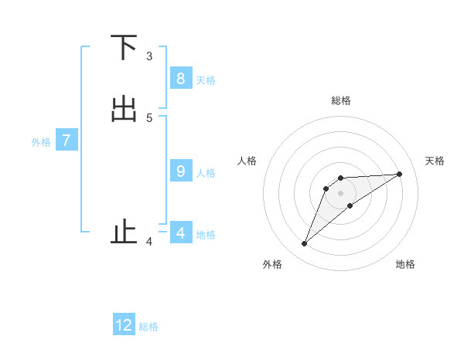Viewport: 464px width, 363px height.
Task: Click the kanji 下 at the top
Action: coord(124,48)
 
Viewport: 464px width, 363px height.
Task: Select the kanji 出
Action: coord(124,110)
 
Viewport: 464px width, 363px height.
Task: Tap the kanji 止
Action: coord(124,232)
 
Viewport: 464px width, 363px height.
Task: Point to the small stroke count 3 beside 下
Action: coord(149,56)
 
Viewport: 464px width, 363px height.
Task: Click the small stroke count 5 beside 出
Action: coord(149,117)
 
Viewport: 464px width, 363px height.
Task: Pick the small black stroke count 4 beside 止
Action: coord(149,242)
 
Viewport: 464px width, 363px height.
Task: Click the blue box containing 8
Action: coord(180,78)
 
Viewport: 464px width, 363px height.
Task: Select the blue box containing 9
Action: coord(180,171)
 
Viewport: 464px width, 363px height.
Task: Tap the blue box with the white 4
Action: coord(180,232)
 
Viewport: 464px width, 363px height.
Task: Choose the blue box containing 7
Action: coord(67,141)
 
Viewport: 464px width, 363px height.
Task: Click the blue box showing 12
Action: coord(124,325)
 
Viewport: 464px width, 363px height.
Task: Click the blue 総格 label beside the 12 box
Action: coord(148,327)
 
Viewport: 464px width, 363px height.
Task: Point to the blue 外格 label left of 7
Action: coord(41,142)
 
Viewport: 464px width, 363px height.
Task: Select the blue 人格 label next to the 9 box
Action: coord(206,173)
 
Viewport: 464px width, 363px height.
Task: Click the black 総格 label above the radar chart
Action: coord(340,100)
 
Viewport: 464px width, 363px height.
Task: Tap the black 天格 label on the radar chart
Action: coord(435,161)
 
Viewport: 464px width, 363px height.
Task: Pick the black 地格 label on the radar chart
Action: coord(405,264)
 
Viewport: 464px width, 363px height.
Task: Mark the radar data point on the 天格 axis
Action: coord(399,174)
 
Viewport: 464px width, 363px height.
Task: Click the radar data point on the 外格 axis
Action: coord(304,244)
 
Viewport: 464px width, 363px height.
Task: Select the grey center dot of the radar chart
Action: coord(340,193)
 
